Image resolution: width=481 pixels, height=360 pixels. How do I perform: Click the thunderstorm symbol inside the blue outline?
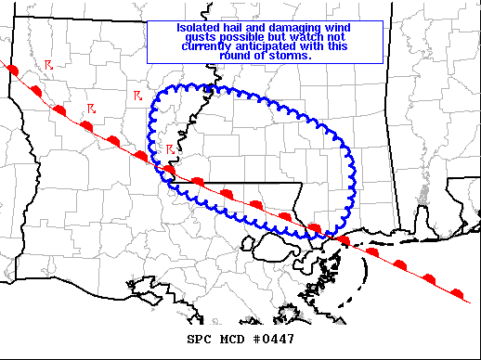[x=170, y=148]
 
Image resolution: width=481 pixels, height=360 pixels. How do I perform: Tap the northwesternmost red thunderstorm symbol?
[x=48, y=65]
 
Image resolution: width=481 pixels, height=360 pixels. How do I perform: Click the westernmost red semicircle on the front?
[x=11, y=70]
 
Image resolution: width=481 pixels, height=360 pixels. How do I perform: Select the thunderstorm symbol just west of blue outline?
[x=136, y=96]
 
